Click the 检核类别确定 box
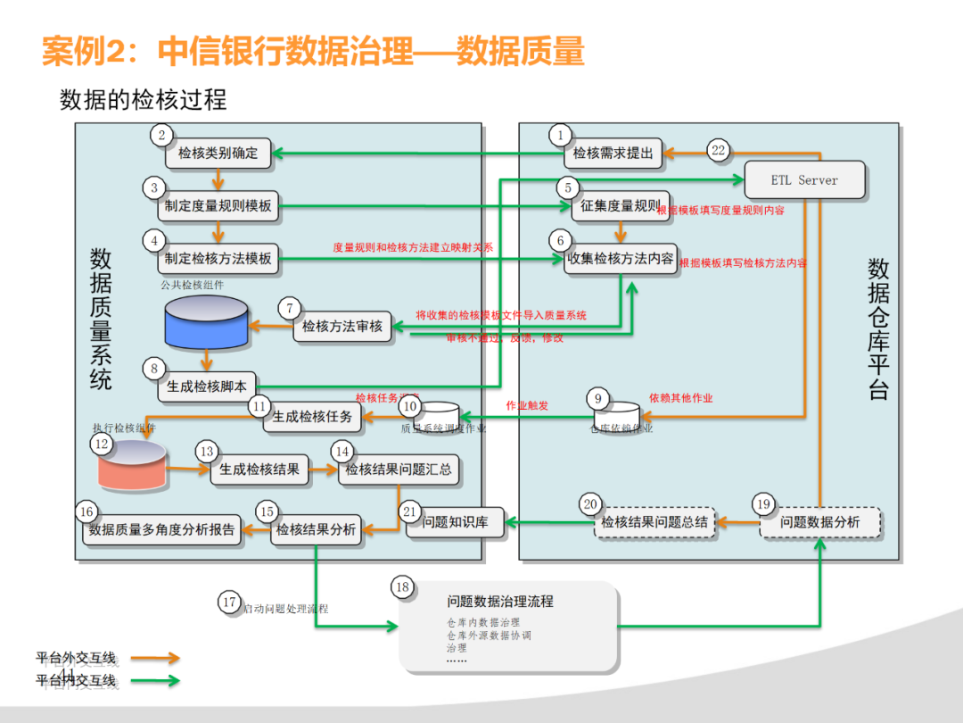pyautogui.click(x=218, y=154)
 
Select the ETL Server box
pyautogui.click(x=804, y=180)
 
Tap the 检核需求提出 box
pyautogui.click(x=613, y=154)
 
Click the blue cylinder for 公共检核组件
pyautogui.click(x=207, y=322)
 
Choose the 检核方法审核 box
pyautogui.click(x=342, y=327)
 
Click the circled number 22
pyautogui.click(x=718, y=151)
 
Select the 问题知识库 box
pyautogui.click(x=455, y=522)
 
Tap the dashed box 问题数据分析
pyautogui.click(x=819, y=522)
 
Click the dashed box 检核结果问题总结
pyautogui.click(x=654, y=522)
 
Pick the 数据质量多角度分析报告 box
pyautogui.click(x=161, y=530)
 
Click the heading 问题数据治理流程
pyautogui.click(x=499, y=601)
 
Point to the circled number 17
pyautogui.click(x=229, y=602)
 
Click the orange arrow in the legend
pyautogui.click(x=155, y=659)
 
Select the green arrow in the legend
pyautogui.click(x=155, y=681)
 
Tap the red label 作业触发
pyautogui.click(x=527, y=405)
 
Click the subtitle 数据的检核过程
pyautogui.click(x=144, y=99)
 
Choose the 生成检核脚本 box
pyautogui.click(x=206, y=387)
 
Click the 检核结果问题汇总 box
pyautogui.click(x=399, y=470)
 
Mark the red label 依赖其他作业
pyautogui.click(x=680, y=397)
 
